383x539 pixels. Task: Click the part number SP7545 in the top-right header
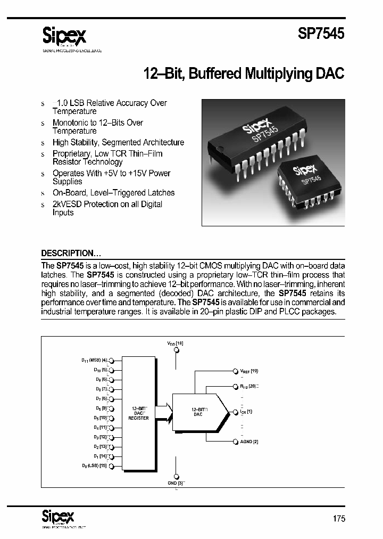[320, 35]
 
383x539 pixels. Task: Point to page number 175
[338, 519]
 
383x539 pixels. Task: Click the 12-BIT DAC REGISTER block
[139, 414]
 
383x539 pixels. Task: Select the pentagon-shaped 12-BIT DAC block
[198, 412]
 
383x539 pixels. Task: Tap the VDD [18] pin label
[176, 345]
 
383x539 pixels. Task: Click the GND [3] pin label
[176, 483]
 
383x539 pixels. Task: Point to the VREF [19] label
[249, 370]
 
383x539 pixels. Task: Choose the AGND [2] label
[249, 442]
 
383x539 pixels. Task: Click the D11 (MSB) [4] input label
[94, 360]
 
